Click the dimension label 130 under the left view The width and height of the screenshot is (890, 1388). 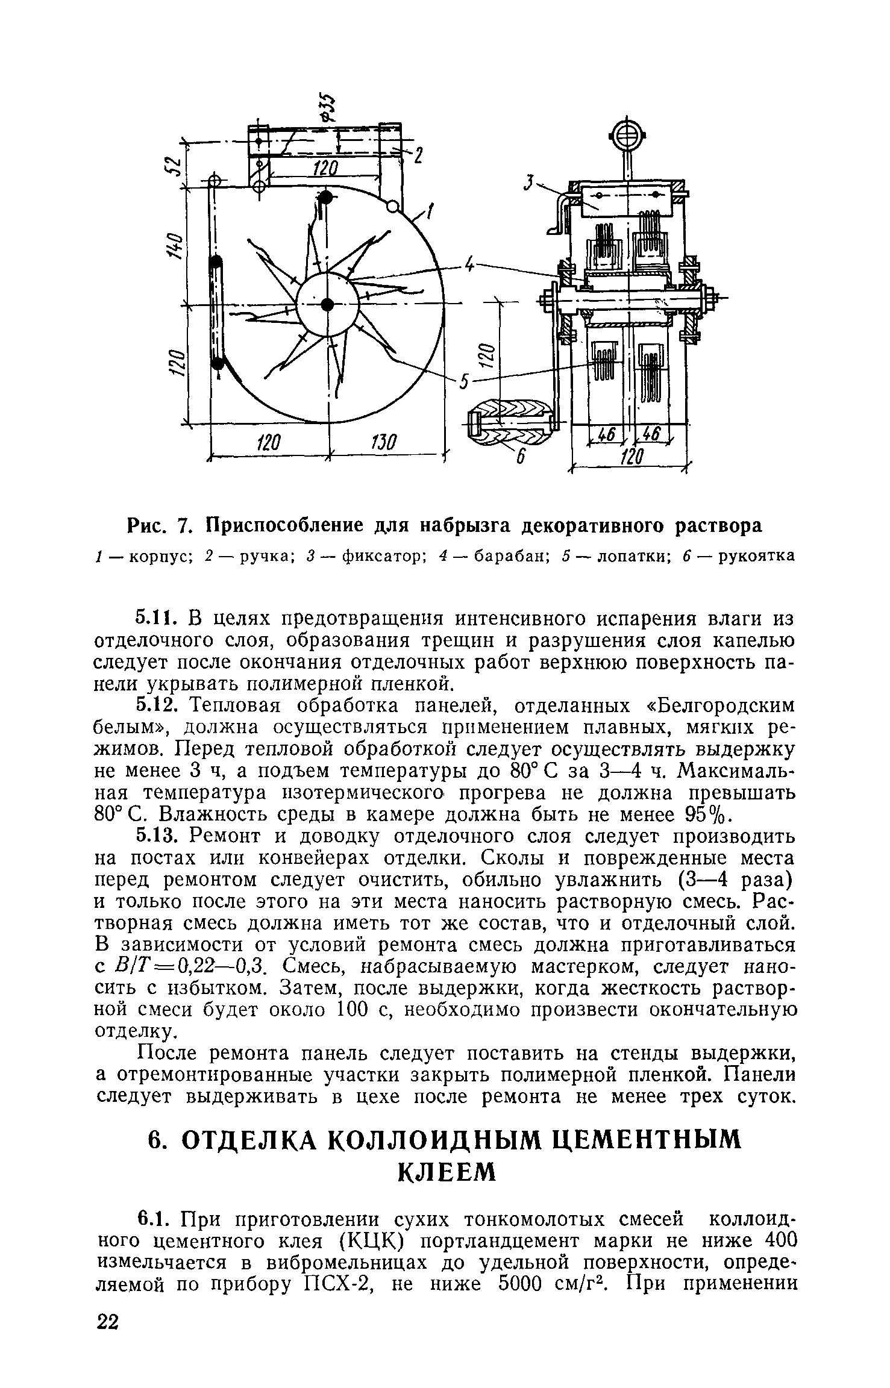coord(382,443)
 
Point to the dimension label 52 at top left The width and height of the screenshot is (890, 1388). coord(173,164)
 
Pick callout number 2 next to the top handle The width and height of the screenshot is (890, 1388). coord(417,156)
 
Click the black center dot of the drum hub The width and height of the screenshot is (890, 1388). coord(327,304)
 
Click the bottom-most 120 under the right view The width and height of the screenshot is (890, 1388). coord(632,457)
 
